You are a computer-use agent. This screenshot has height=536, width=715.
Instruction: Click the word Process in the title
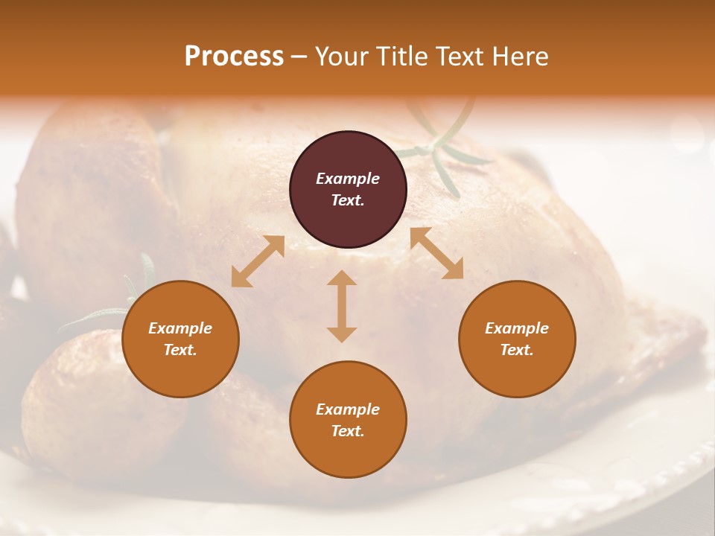coord(234,57)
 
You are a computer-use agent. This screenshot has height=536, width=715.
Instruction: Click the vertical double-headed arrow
coord(342,306)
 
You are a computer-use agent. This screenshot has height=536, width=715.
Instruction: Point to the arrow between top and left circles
coord(258,261)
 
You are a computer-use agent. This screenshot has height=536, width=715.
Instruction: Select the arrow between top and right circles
coord(437,253)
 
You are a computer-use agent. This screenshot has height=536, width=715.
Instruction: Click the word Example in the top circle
coord(348,179)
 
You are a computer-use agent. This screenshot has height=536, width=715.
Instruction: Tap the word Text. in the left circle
coord(180,350)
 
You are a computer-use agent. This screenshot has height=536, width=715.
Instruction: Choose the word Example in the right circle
coord(517,328)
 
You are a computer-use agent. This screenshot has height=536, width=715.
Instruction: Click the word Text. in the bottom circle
coord(348,431)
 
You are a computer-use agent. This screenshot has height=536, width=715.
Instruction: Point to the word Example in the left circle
coord(180,328)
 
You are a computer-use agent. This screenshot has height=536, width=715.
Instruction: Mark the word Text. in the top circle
coord(348,200)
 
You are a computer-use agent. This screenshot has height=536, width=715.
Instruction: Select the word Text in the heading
coord(457,57)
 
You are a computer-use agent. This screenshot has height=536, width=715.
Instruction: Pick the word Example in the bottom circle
coord(348,409)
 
